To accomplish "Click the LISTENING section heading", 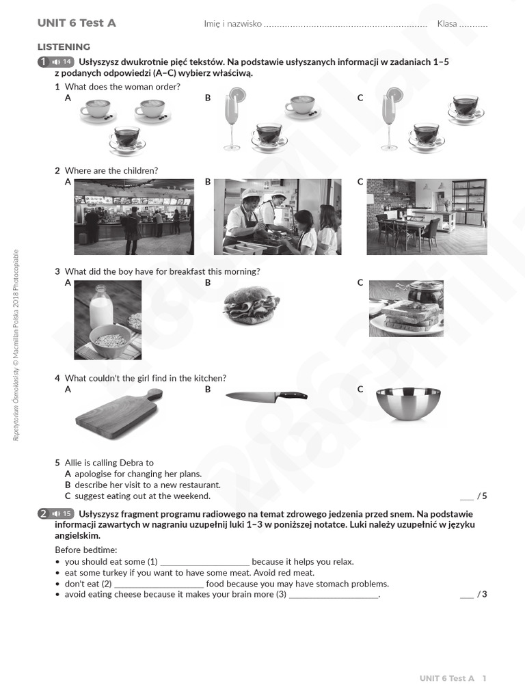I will [x=64, y=47].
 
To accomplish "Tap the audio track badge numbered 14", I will [x=62, y=62].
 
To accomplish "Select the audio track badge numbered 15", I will [x=62, y=514].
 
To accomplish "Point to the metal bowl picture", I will [x=408, y=404].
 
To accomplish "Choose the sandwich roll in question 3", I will [x=251, y=307].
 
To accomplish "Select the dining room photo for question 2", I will [x=427, y=217].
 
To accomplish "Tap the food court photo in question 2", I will [x=134, y=217].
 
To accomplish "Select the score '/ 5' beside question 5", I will [x=482, y=496].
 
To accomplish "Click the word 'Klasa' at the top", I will [x=447, y=24].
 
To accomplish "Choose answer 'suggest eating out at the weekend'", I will [x=142, y=496].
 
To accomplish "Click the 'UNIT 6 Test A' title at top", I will [x=77, y=23].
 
